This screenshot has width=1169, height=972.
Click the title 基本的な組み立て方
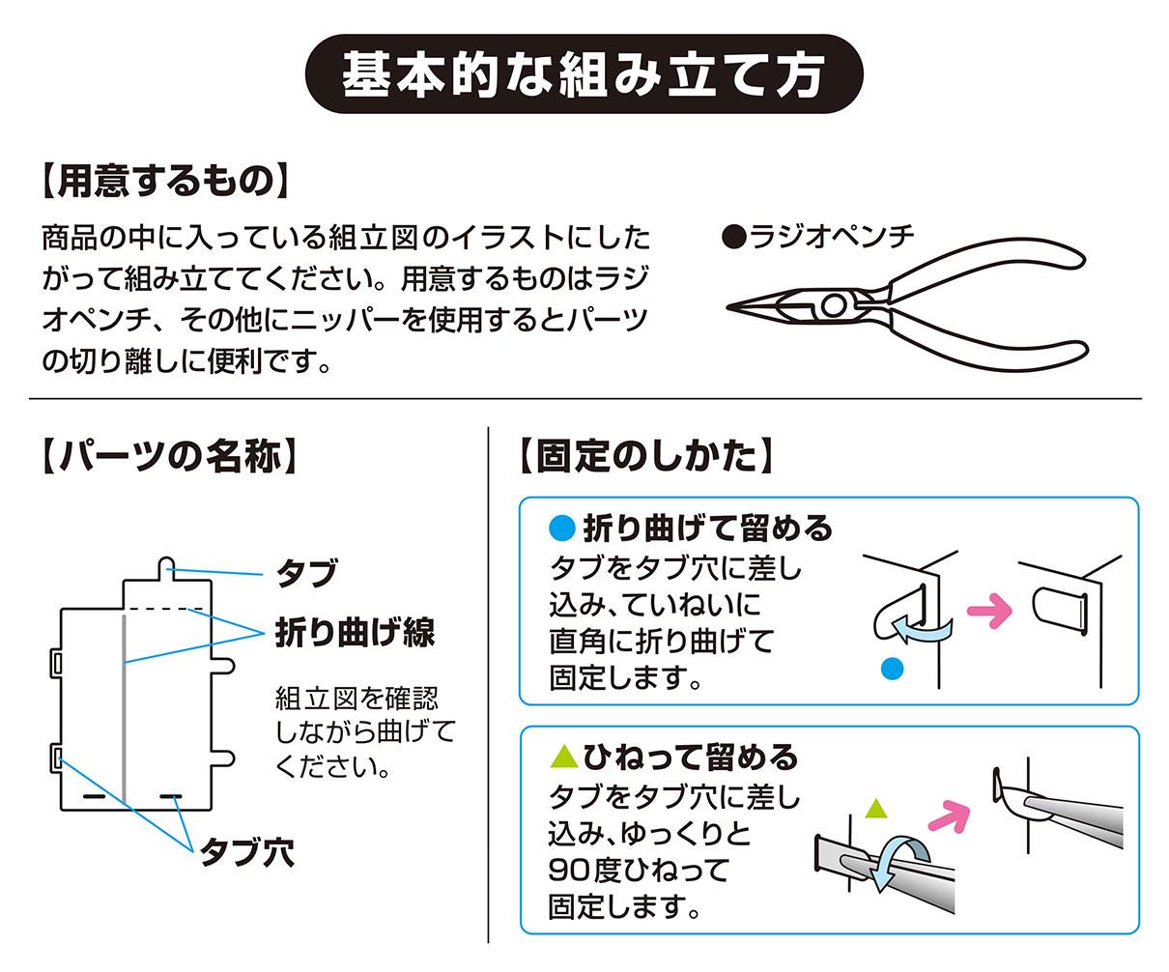(x=584, y=74)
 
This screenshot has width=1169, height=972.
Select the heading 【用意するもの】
(x=164, y=181)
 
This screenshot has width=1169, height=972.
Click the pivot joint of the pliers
(x=832, y=307)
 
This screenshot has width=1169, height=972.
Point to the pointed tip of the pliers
(x=732, y=307)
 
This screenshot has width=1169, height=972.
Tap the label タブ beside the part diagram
(x=307, y=573)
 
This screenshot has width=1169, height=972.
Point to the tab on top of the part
(x=166, y=566)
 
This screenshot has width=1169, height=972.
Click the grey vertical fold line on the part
(x=125, y=705)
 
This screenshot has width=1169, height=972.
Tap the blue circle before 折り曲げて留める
(x=561, y=528)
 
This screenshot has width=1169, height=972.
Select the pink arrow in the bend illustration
(x=987, y=611)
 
